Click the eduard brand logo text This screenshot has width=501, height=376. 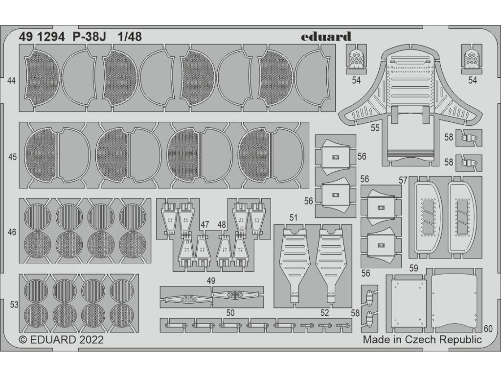click(333, 36)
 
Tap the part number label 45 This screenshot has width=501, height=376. click(12, 158)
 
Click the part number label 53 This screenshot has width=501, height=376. click(14, 305)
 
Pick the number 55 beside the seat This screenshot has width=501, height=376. click(375, 129)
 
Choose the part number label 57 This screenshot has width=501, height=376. click(403, 180)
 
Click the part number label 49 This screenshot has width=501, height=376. click(225, 281)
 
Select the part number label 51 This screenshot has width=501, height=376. click(294, 217)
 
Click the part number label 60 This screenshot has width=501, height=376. click(488, 329)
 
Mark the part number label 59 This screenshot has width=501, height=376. click(414, 268)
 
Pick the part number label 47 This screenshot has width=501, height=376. click(205, 224)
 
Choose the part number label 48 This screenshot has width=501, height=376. click(222, 224)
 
